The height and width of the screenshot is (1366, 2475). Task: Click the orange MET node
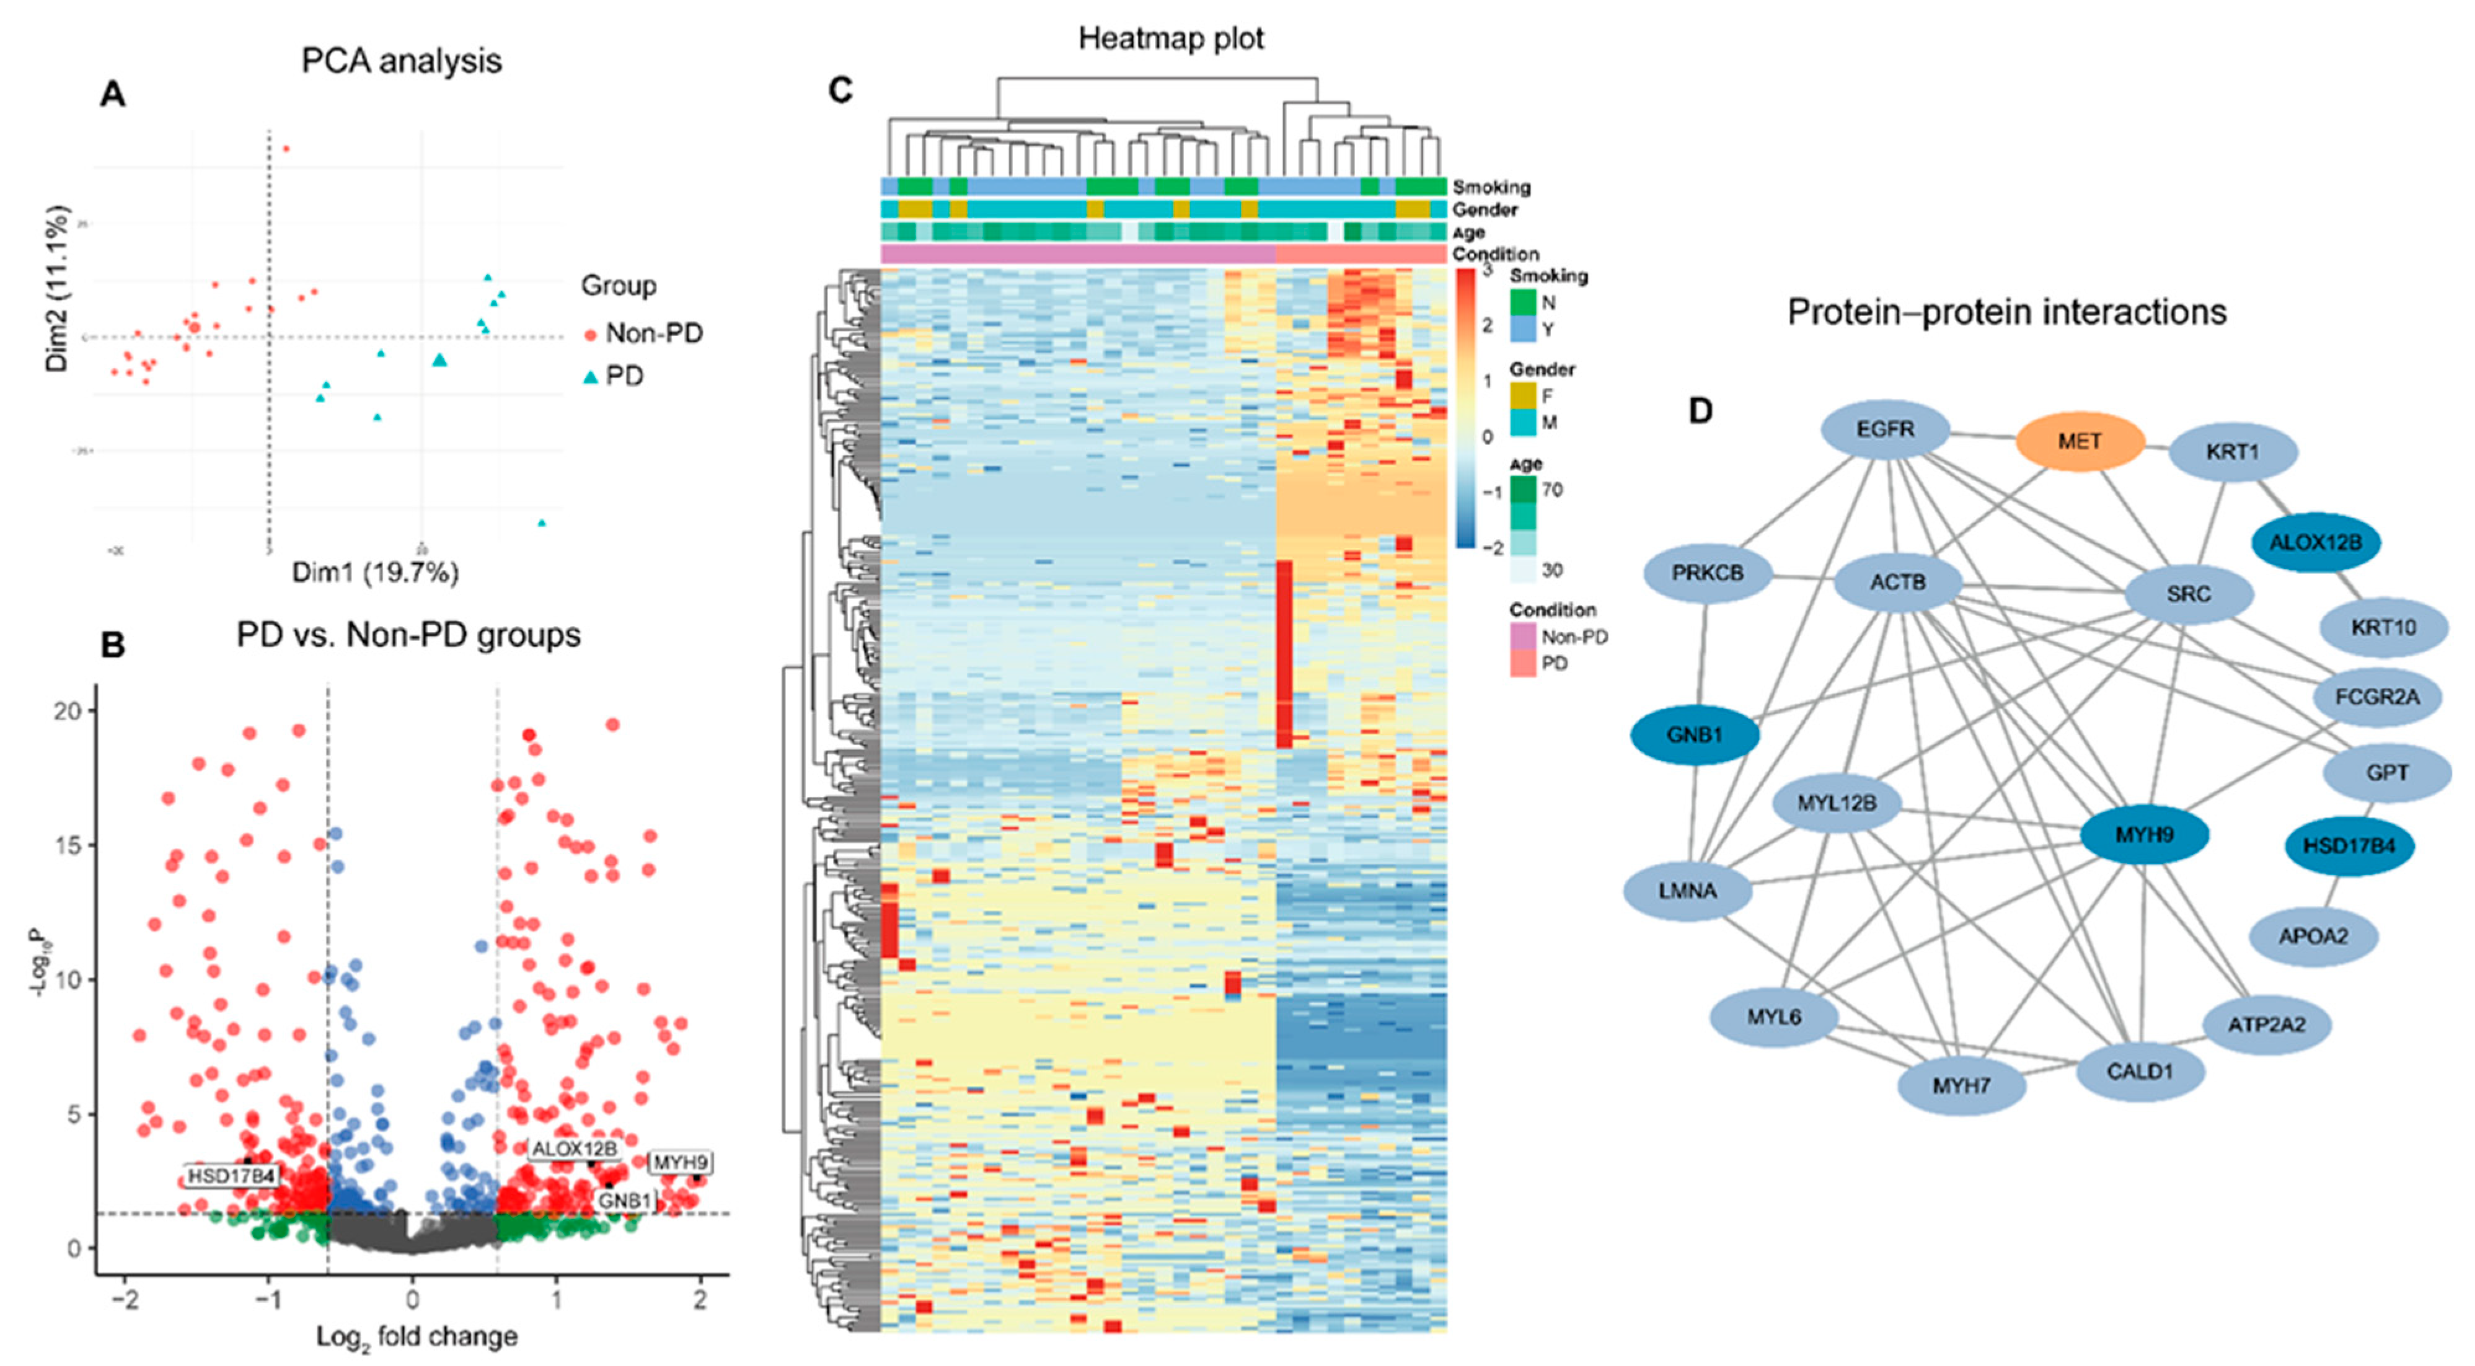2079,442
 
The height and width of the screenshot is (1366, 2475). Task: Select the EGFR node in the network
1885,430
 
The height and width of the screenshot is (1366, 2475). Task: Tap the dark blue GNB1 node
1695,736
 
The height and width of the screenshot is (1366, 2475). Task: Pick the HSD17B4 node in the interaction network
2350,846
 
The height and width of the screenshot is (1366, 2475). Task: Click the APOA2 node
2314,936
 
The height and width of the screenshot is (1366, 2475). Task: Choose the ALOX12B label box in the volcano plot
575,1149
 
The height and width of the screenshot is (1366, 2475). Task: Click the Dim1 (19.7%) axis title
376,573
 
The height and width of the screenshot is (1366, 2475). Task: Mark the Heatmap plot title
1170,38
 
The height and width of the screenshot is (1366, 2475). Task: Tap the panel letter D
1700,411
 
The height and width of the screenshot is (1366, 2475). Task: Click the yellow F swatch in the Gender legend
1523,395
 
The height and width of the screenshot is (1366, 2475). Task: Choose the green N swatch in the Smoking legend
1523,302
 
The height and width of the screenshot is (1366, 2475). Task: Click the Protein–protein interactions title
2006,312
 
